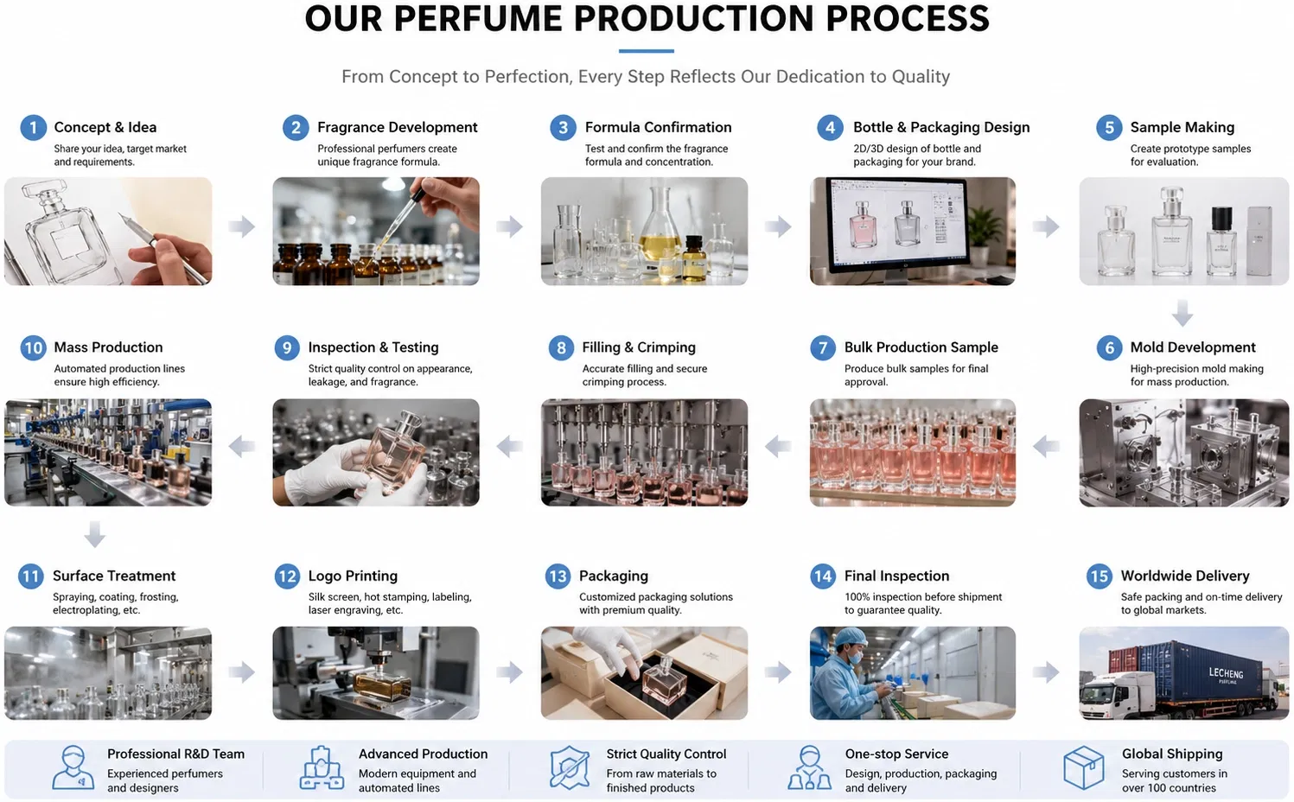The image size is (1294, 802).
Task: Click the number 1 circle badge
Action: (33, 127)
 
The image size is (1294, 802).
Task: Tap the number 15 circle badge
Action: (1099, 576)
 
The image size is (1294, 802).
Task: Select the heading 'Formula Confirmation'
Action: (658, 127)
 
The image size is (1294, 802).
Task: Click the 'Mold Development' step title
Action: (1192, 347)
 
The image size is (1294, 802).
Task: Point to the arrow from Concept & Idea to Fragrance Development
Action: (241, 226)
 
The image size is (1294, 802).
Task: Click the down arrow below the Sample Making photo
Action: (1182, 312)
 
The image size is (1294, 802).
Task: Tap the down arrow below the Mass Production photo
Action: (95, 533)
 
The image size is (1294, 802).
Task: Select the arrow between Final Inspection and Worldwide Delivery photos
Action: (1046, 672)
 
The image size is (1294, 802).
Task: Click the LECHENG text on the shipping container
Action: (1226, 672)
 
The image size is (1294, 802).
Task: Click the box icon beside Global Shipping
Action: (1084, 767)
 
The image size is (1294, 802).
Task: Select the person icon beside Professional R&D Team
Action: (73, 767)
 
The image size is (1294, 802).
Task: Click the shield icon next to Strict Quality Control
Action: (570, 767)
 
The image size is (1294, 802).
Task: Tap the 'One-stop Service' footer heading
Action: (896, 754)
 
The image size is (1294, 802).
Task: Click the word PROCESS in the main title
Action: (908, 18)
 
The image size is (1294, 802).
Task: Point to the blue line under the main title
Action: (646, 51)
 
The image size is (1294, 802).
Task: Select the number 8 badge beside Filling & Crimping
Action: (561, 347)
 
